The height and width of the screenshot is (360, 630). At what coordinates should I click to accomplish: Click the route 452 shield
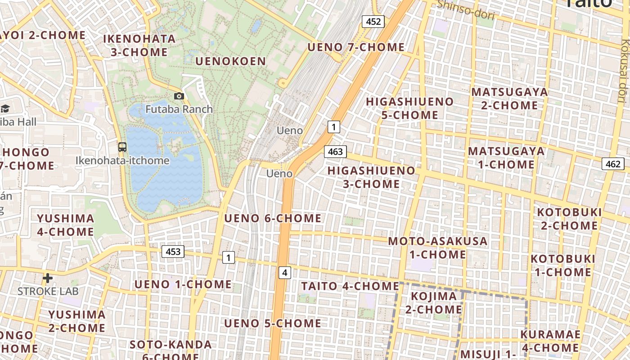tap(373, 21)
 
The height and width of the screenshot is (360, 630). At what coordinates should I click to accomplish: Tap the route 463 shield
tap(335, 152)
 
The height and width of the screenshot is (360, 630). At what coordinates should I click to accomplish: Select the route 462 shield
tap(613, 164)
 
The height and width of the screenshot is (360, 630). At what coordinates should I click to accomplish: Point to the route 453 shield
tap(173, 252)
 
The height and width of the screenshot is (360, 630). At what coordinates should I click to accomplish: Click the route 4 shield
tap(284, 272)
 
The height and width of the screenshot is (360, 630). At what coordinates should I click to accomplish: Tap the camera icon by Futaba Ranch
tap(179, 96)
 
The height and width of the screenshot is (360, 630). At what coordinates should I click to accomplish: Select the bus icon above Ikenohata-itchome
tap(122, 147)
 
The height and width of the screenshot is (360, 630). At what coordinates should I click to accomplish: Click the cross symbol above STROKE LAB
tap(48, 278)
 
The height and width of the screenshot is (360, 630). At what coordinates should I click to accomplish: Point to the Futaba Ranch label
tap(179, 109)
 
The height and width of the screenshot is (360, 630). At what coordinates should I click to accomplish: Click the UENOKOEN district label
tap(230, 61)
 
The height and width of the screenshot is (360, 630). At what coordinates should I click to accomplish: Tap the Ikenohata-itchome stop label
tap(122, 161)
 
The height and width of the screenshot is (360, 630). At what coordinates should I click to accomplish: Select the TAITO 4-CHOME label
tap(350, 286)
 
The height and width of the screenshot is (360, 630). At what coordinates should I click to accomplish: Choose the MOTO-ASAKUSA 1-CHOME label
tap(438, 247)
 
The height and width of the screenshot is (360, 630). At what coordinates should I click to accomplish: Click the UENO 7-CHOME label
tap(356, 47)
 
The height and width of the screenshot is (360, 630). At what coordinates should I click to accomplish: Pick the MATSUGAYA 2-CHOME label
tap(509, 99)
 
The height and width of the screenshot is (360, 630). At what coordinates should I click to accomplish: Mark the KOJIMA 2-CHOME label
tap(434, 303)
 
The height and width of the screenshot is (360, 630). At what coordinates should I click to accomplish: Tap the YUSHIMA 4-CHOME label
tap(66, 225)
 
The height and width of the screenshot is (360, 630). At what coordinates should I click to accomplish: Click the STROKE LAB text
tap(48, 291)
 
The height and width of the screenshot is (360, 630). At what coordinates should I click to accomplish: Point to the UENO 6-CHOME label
tap(273, 219)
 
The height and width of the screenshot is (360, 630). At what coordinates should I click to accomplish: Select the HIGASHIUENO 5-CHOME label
tap(409, 108)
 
